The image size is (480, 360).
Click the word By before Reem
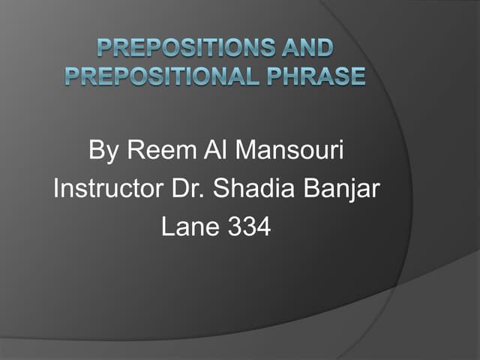pyautogui.click(x=103, y=151)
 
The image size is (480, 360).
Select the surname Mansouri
pyautogui.click(x=289, y=151)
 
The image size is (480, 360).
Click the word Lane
pyautogui.click(x=189, y=226)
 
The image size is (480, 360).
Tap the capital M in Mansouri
pyautogui.click(x=246, y=151)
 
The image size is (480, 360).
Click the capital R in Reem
pyautogui.click(x=133, y=151)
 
